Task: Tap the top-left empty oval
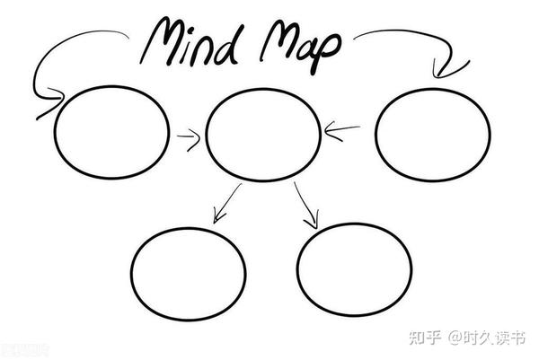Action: tap(54, 132)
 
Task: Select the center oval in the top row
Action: tap(206, 135)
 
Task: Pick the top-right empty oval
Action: tap(376, 135)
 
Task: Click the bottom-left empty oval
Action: tap(131, 274)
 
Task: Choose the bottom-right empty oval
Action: tap(297, 269)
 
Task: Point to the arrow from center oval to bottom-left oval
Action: tap(227, 203)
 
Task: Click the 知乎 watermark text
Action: tap(425, 338)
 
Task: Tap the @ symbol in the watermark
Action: tap(455, 338)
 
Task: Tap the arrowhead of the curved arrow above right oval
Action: tap(446, 70)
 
